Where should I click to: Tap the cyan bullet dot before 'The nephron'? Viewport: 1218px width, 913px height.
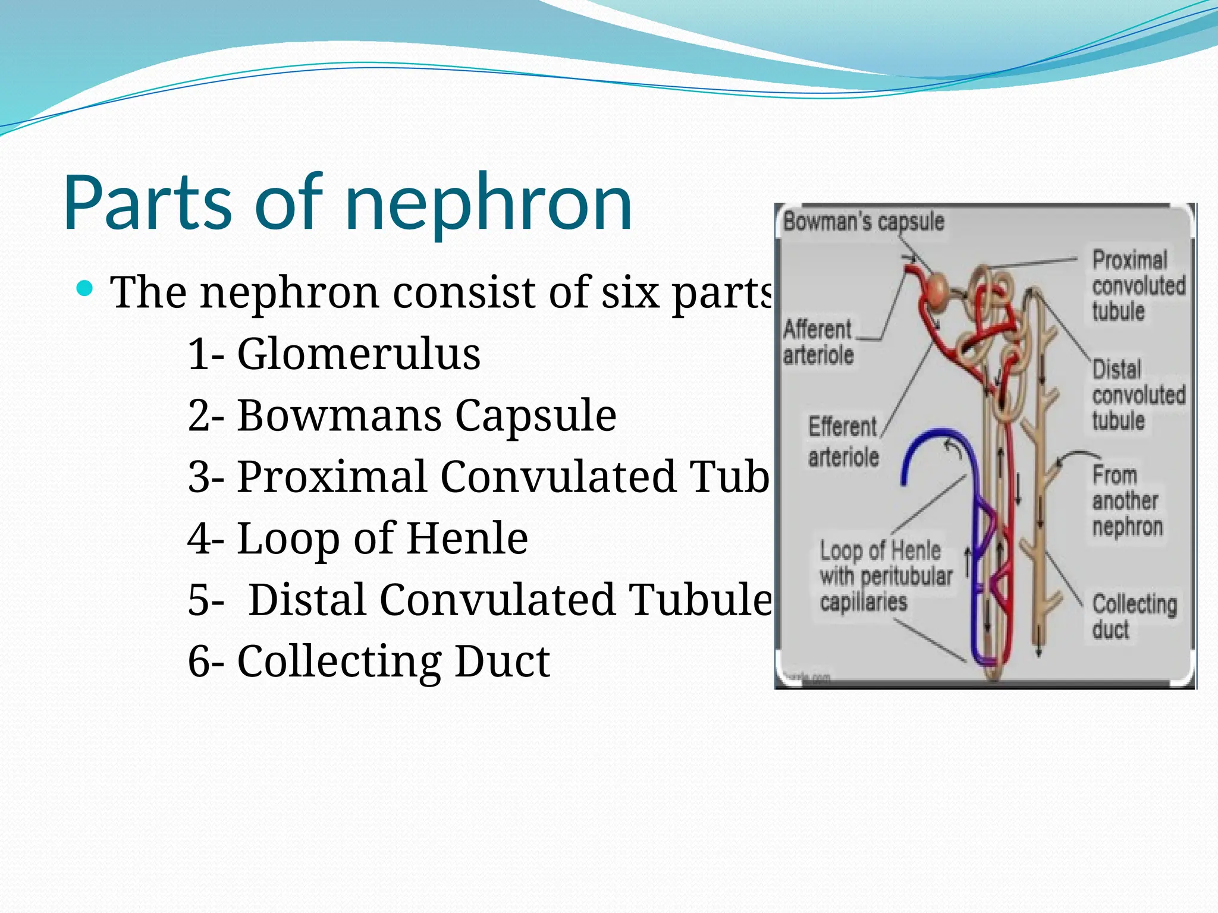pyautogui.click(x=86, y=289)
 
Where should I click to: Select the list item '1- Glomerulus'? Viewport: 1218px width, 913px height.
pyautogui.click(x=334, y=354)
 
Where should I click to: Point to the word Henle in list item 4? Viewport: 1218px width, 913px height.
pyautogui.click(x=467, y=538)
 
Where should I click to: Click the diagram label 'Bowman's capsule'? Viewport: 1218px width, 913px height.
pyautogui.click(x=864, y=222)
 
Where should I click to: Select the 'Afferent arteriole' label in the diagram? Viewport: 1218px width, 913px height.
pyautogui.click(x=818, y=342)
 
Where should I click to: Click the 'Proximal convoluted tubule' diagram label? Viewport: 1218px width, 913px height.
pyautogui.click(x=1137, y=286)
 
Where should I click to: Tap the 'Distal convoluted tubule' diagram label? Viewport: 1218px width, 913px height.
pyautogui.click(x=1137, y=395)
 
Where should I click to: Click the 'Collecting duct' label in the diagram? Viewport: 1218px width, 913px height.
pyautogui.click(x=1134, y=616)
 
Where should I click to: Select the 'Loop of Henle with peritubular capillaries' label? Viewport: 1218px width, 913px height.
pyautogui.click(x=885, y=576)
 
